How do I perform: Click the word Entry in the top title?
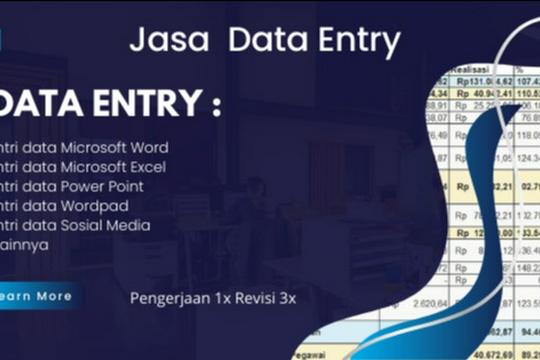point(357,42)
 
